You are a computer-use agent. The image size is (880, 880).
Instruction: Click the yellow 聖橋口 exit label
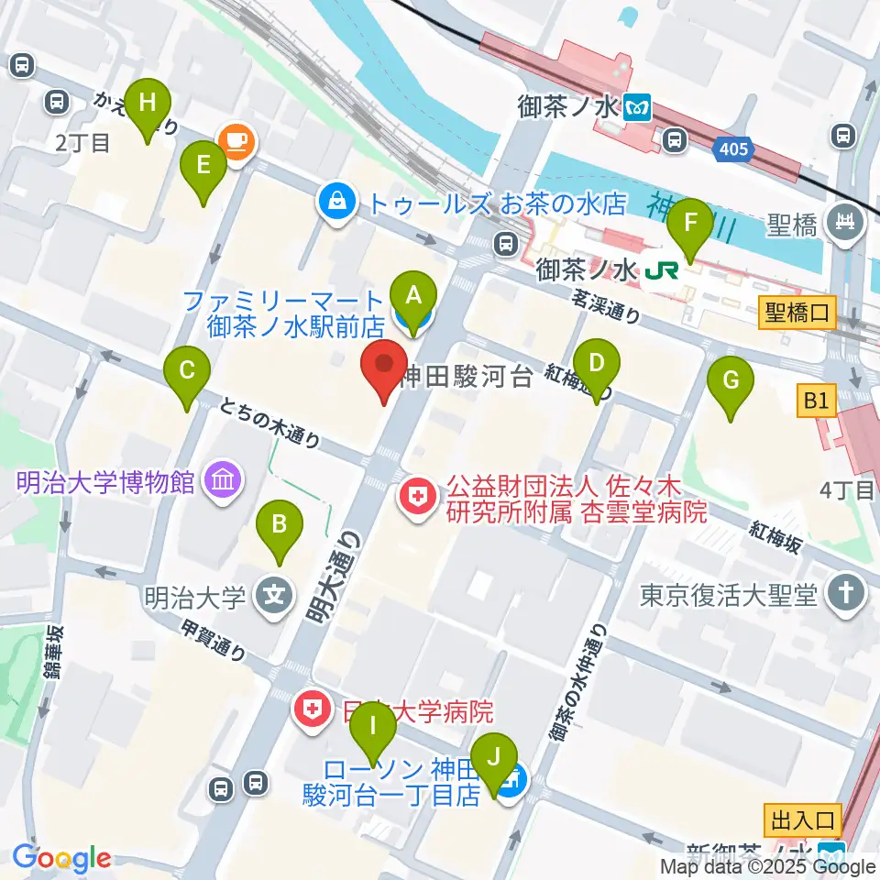pyautogui.click(x=797, y=313)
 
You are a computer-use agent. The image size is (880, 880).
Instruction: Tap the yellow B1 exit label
pyautogui.click(x=816, y=400)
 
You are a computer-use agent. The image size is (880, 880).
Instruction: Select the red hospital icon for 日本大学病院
pyautogui.click(x=313, y=709)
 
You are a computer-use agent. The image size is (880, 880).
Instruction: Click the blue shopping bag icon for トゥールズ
pyautogui.click(x=336, y=201)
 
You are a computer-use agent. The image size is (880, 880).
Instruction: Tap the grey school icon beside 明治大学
pyautogui.click(x=273, y=597)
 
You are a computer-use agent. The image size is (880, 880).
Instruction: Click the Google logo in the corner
pyautogui.click(x=61, y=859)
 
